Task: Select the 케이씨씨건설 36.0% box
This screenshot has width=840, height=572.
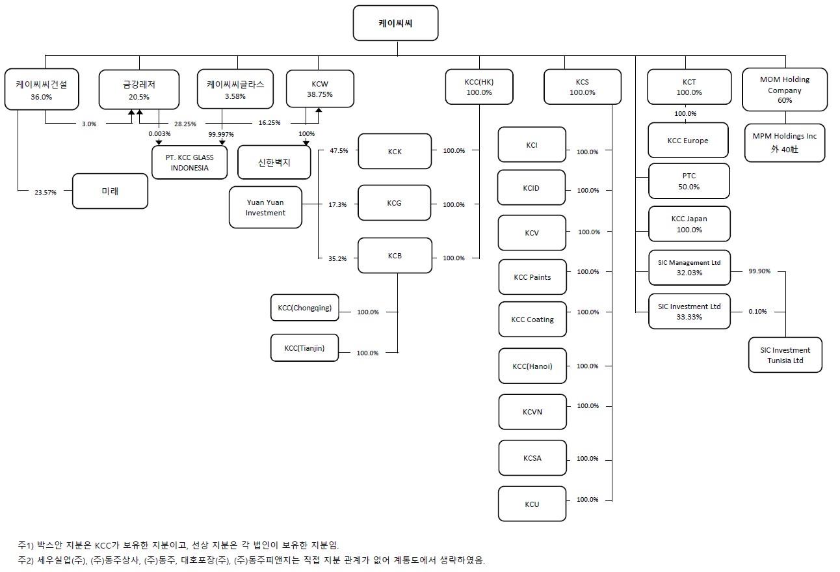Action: [x=41, y=89]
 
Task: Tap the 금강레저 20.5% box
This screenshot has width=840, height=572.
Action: [x=138, y=90]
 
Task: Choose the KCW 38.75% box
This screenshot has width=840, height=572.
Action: [x=320, y=89]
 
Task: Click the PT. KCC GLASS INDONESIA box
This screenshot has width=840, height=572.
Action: [x=190, y=162]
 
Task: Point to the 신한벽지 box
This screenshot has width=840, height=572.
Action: [x=274, y=163]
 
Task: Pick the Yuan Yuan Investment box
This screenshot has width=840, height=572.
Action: [x=265, y=208]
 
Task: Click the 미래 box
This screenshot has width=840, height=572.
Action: [x=110, y=191]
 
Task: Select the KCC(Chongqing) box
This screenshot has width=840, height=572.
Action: [x=304, y=308]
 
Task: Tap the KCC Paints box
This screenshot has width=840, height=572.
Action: [x=532, y=277]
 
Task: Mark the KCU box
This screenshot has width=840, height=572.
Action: [x=532, y=504]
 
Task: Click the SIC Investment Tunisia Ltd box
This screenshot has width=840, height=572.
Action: [x=785, y=355]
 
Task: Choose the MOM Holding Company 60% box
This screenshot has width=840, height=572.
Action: [x=784, y=90]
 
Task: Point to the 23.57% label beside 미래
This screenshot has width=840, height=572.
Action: [x=45, y=192]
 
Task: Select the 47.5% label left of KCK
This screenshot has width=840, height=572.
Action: [x=338, y=150]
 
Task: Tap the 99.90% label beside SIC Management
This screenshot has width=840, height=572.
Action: [x=759, y=271]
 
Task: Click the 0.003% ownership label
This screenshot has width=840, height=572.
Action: [x=159, y=134]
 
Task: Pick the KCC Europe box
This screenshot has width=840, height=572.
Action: [x=687, y=141]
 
